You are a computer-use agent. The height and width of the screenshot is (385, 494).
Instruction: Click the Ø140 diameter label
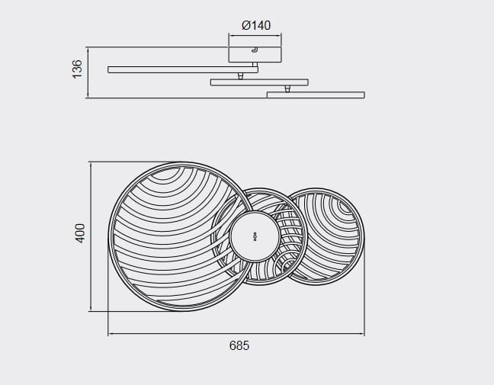(256, 25)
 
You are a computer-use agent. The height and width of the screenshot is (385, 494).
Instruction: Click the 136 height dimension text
(77, 69)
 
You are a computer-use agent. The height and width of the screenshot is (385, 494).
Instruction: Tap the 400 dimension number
(80, 233)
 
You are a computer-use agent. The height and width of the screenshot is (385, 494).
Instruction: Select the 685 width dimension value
(239, 345)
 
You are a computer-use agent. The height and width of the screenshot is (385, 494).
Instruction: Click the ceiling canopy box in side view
(255, 54)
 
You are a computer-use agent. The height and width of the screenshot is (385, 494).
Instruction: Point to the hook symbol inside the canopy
(255, 50)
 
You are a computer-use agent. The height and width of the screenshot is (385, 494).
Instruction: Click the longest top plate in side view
(183, 69)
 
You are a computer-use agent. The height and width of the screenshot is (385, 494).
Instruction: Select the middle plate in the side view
(259, 82)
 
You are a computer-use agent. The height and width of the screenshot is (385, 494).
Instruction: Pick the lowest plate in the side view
(316, 95)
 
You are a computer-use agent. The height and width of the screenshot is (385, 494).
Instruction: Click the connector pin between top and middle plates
(240, 76)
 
